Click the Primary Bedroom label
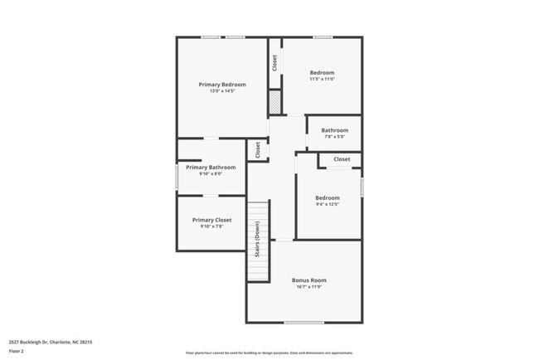pyautogui.click(x=222, y=84)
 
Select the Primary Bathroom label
pyautogui.click(x=211, y=167)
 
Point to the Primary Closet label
pyautogui.click(x=212, y=220)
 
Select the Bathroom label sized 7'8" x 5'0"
pyautogui.click(x=335, y=130)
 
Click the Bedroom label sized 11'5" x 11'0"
pyautogui.click(x=323, y=72)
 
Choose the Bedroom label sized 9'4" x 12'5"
pyautogui.click(x=328, y=197)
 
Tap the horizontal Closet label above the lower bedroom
pyautogui.click(x=342, y=158)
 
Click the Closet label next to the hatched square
pyautogui.click(x=274, y=63)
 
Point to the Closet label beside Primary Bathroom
pyautogui.click(x=258, y=150)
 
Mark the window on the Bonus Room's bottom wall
pyautogui.click(x=303, y=323)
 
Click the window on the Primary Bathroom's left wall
pyautogui.click(x=177, y=177)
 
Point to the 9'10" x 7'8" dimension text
pyautogui.click(x=212, y=226)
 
